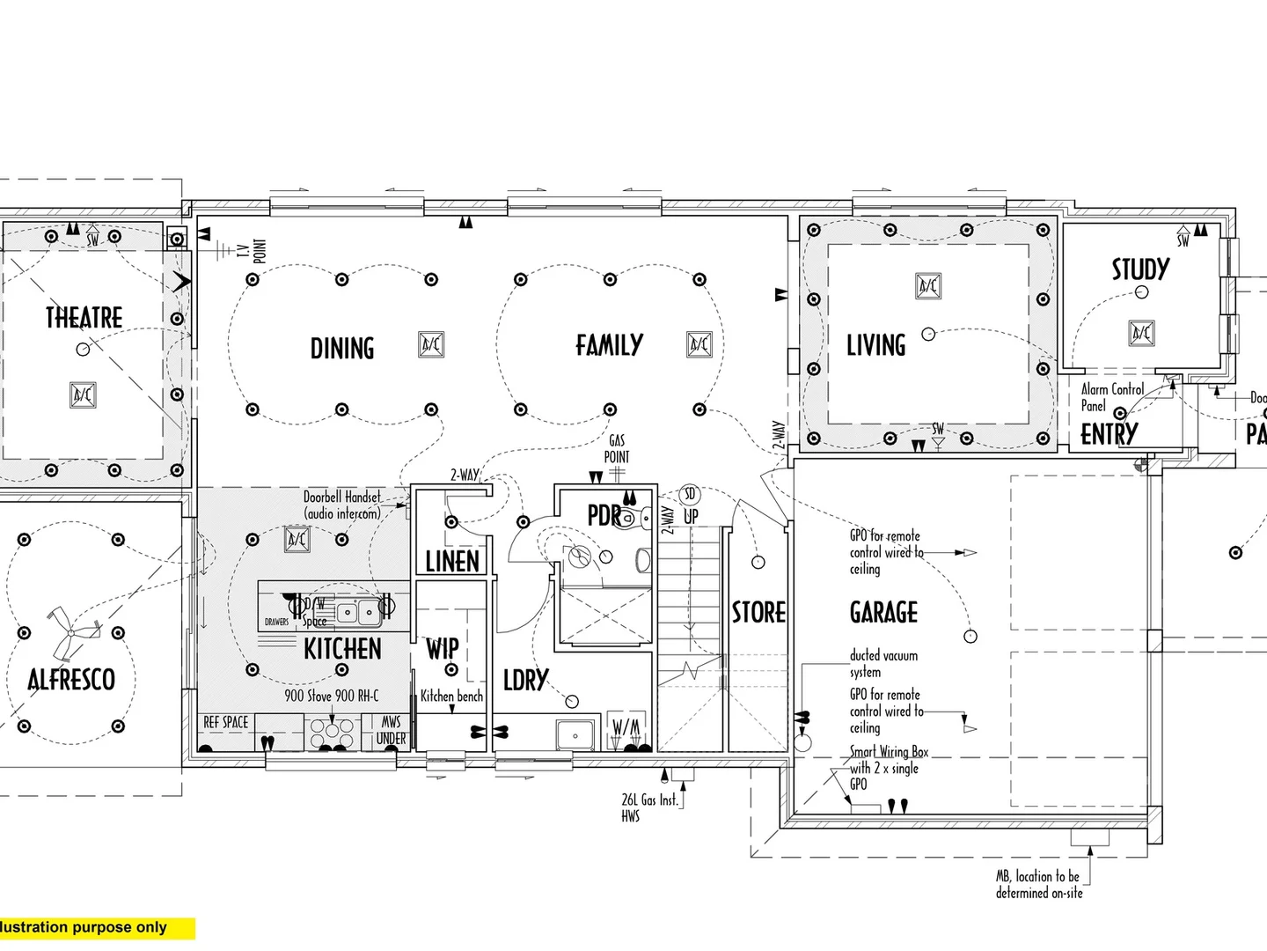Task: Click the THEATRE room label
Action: point(84,317)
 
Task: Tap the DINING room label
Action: point(342,349)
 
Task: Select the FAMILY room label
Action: point(609,345)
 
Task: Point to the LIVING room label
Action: point(875,345)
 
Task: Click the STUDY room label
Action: point(1140,269)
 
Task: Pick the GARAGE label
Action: point(883,612)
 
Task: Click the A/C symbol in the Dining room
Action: point(431,344)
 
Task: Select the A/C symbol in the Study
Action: point(1141,333)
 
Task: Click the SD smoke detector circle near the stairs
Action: point(690,495)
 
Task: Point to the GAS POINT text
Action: point(617,448)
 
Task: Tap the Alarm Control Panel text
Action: point(1111,397)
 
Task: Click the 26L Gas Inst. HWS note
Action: point(649,807)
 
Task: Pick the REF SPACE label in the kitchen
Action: point(226,722)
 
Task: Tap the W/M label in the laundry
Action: point(626,727)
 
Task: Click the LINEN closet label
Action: point(452,561)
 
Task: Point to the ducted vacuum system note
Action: point(883,663)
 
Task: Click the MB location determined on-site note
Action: point(1039,884)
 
